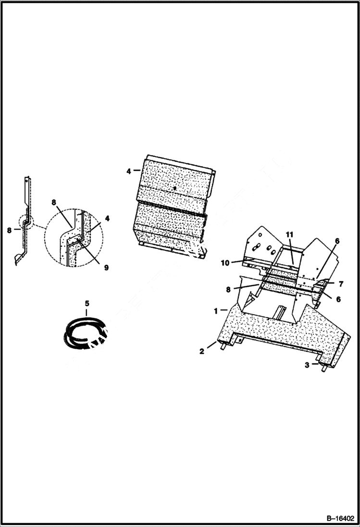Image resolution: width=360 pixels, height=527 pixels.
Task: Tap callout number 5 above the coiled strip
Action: pos(87,303)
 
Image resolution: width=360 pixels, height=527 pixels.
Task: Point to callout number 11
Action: pos(289,234)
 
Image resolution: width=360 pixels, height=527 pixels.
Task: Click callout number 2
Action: pos(202,352)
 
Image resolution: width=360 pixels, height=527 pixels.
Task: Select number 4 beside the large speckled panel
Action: pos(129,170)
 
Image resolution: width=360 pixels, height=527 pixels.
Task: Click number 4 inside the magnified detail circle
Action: pos(107,218)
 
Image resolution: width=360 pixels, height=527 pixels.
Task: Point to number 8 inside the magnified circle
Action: pos(54,203)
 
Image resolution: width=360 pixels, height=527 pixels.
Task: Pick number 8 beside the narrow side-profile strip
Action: pos(9,230)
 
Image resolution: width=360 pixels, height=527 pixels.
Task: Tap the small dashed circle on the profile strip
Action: pos(24,222)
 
